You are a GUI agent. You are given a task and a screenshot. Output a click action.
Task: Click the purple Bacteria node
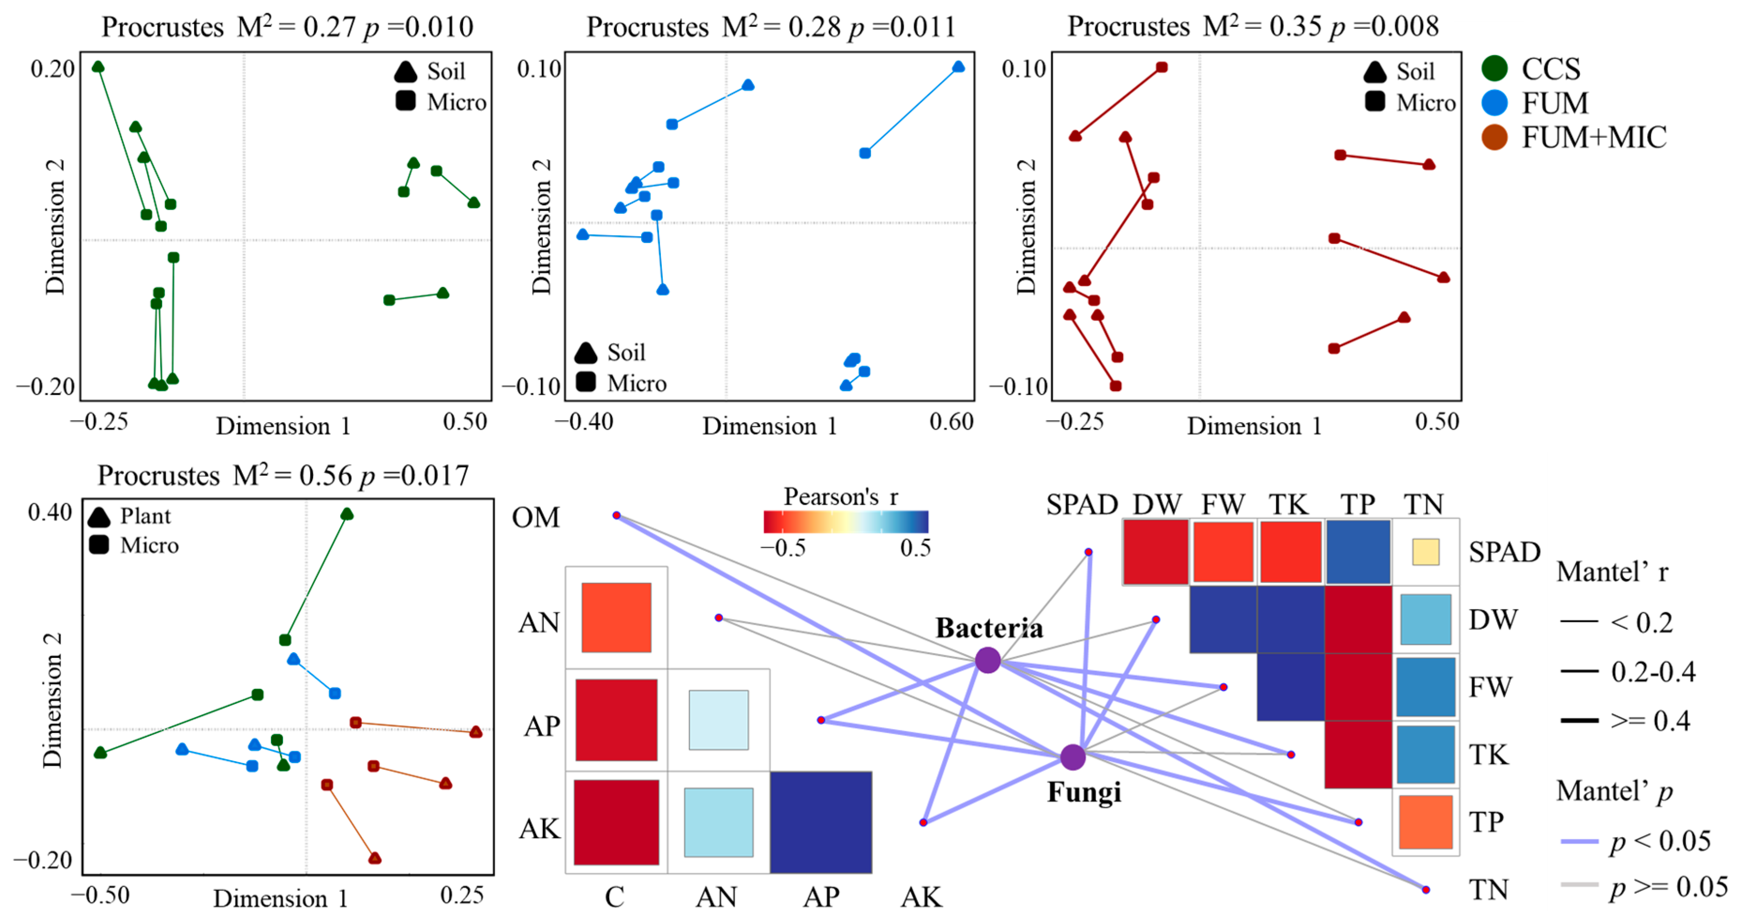tap(988, 660)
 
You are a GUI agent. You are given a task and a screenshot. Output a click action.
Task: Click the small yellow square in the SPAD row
tap(1425, 552)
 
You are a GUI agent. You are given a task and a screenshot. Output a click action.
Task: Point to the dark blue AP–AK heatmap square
tap(821, 822)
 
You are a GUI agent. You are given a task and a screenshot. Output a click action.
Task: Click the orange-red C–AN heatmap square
tap(616, 618)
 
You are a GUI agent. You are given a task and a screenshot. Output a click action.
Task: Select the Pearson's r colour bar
tap(846, 521)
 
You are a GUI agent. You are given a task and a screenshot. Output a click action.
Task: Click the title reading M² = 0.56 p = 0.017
tap(283, 475)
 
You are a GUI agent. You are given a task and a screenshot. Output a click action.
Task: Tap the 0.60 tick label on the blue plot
tap(951, 422)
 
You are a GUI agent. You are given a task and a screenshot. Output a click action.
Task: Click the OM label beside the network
tap(536, 518)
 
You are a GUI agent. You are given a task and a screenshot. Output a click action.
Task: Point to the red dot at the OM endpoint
tap(616, 515)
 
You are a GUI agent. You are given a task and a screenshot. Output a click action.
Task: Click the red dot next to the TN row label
tap(1425, 890)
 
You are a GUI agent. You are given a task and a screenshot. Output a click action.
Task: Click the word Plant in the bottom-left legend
tap(146, 516)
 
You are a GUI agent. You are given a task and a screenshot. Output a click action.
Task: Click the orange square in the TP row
tap(1425, 822)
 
